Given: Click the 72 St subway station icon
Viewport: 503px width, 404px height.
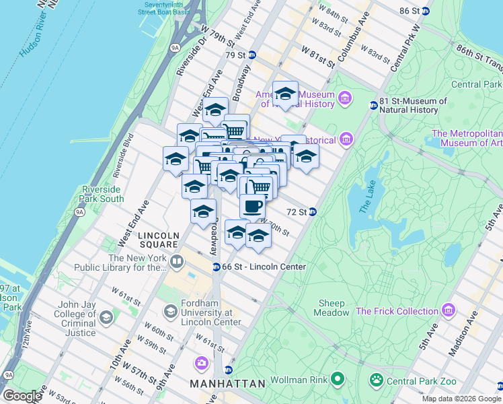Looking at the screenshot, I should (313, 211).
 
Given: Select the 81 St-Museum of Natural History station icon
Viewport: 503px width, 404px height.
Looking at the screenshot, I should (373, 105).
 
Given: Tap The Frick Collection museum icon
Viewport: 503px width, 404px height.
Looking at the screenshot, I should (449, 311).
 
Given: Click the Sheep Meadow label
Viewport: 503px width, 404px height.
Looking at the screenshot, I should (332, 308).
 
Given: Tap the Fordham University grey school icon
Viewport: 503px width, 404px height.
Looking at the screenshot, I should (171, 311).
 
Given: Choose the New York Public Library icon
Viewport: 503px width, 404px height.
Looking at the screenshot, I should (177, 261).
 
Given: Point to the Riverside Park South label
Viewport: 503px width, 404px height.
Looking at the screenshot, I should (102, 194).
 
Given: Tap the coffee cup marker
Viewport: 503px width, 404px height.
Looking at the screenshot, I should (252, 206).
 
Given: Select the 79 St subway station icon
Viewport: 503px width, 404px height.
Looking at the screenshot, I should (252, 55).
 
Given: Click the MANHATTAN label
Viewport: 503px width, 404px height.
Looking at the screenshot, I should (227, 384).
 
